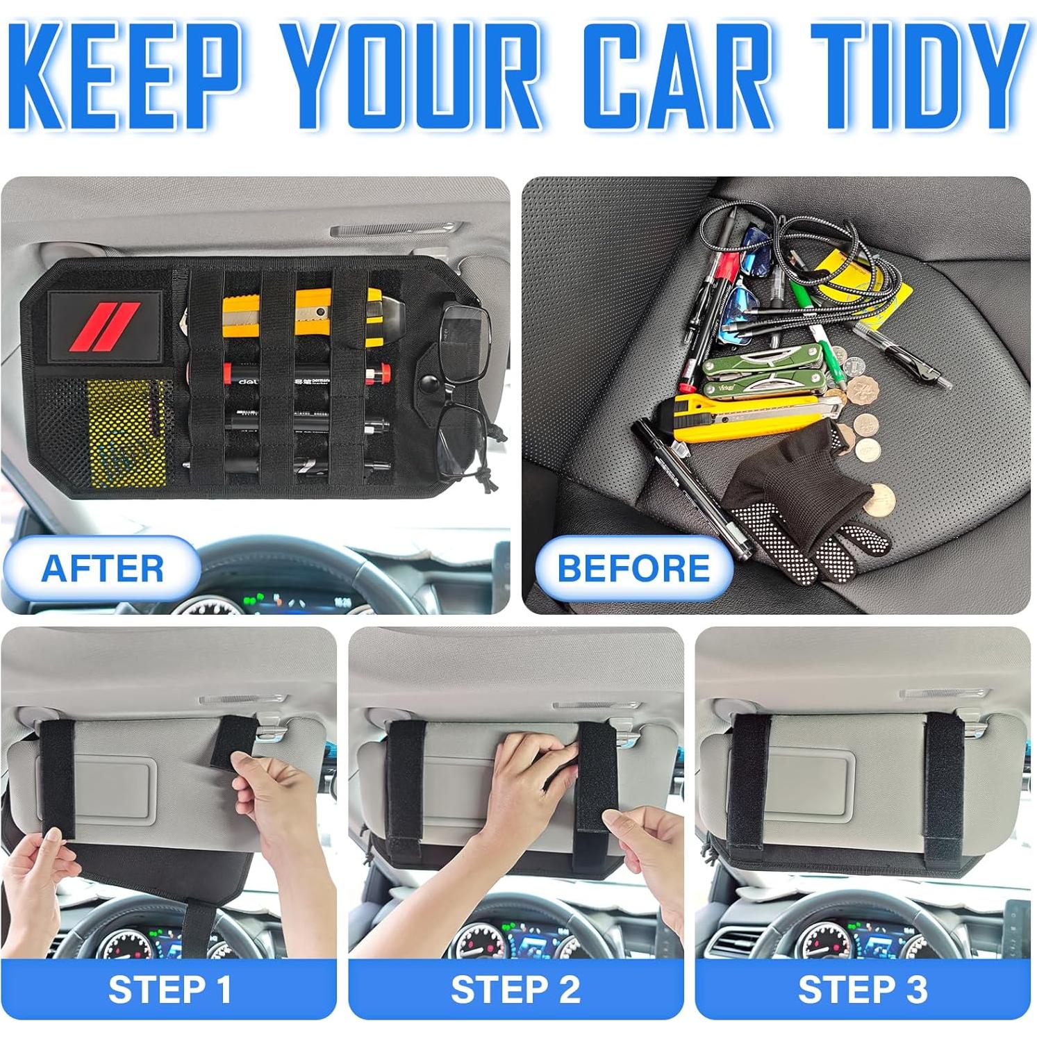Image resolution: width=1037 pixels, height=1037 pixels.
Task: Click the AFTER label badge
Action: click(103, 569)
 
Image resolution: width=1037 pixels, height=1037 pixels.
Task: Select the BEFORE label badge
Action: click(633, 569)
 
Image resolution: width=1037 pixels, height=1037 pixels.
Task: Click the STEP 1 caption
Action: click(169, 989)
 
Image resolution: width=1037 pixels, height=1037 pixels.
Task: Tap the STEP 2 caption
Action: click(515, 989)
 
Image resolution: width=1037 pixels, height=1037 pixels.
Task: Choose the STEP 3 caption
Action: click(862, 989)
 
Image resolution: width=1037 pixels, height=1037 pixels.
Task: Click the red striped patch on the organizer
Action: click(106, 326)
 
